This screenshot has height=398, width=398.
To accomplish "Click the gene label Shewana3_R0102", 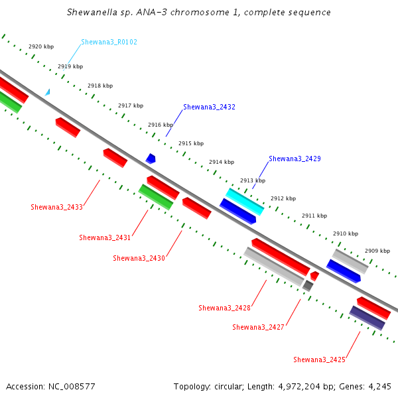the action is tap(109, 42).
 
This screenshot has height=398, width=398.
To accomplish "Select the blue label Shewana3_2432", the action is tap(209, 107).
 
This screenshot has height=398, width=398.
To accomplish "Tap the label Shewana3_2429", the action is tap(295, 159).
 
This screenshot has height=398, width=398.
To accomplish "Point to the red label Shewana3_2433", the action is tap(56, 207).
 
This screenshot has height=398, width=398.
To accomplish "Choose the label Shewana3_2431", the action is tap(105, 237).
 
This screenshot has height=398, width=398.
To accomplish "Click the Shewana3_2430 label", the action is tap(139, 258).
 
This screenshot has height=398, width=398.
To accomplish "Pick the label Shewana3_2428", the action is tap(224, 308).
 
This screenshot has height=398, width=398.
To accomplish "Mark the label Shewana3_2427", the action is tap(258, 327).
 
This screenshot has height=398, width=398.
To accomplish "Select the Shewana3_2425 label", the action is tap(319, 360).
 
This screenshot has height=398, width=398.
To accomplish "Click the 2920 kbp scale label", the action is tap(41, 46).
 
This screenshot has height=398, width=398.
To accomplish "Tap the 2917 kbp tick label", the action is tap(131, 105).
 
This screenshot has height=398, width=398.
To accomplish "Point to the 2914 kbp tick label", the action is tap(222, 162).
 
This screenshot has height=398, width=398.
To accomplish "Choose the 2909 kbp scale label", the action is tap(377, 251).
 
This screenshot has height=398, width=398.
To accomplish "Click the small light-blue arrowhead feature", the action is tap(48, 93).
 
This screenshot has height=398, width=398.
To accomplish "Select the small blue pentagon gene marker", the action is tap(151, 159).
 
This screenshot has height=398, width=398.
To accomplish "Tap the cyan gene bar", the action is tap(245, 202).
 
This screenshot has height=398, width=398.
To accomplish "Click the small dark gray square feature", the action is tap(308, 286).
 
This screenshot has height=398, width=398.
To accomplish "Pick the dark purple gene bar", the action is tap(367, 318).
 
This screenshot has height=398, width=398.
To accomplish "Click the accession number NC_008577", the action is tap(72, 387).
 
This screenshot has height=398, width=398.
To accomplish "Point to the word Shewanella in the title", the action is tap(92, 12).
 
